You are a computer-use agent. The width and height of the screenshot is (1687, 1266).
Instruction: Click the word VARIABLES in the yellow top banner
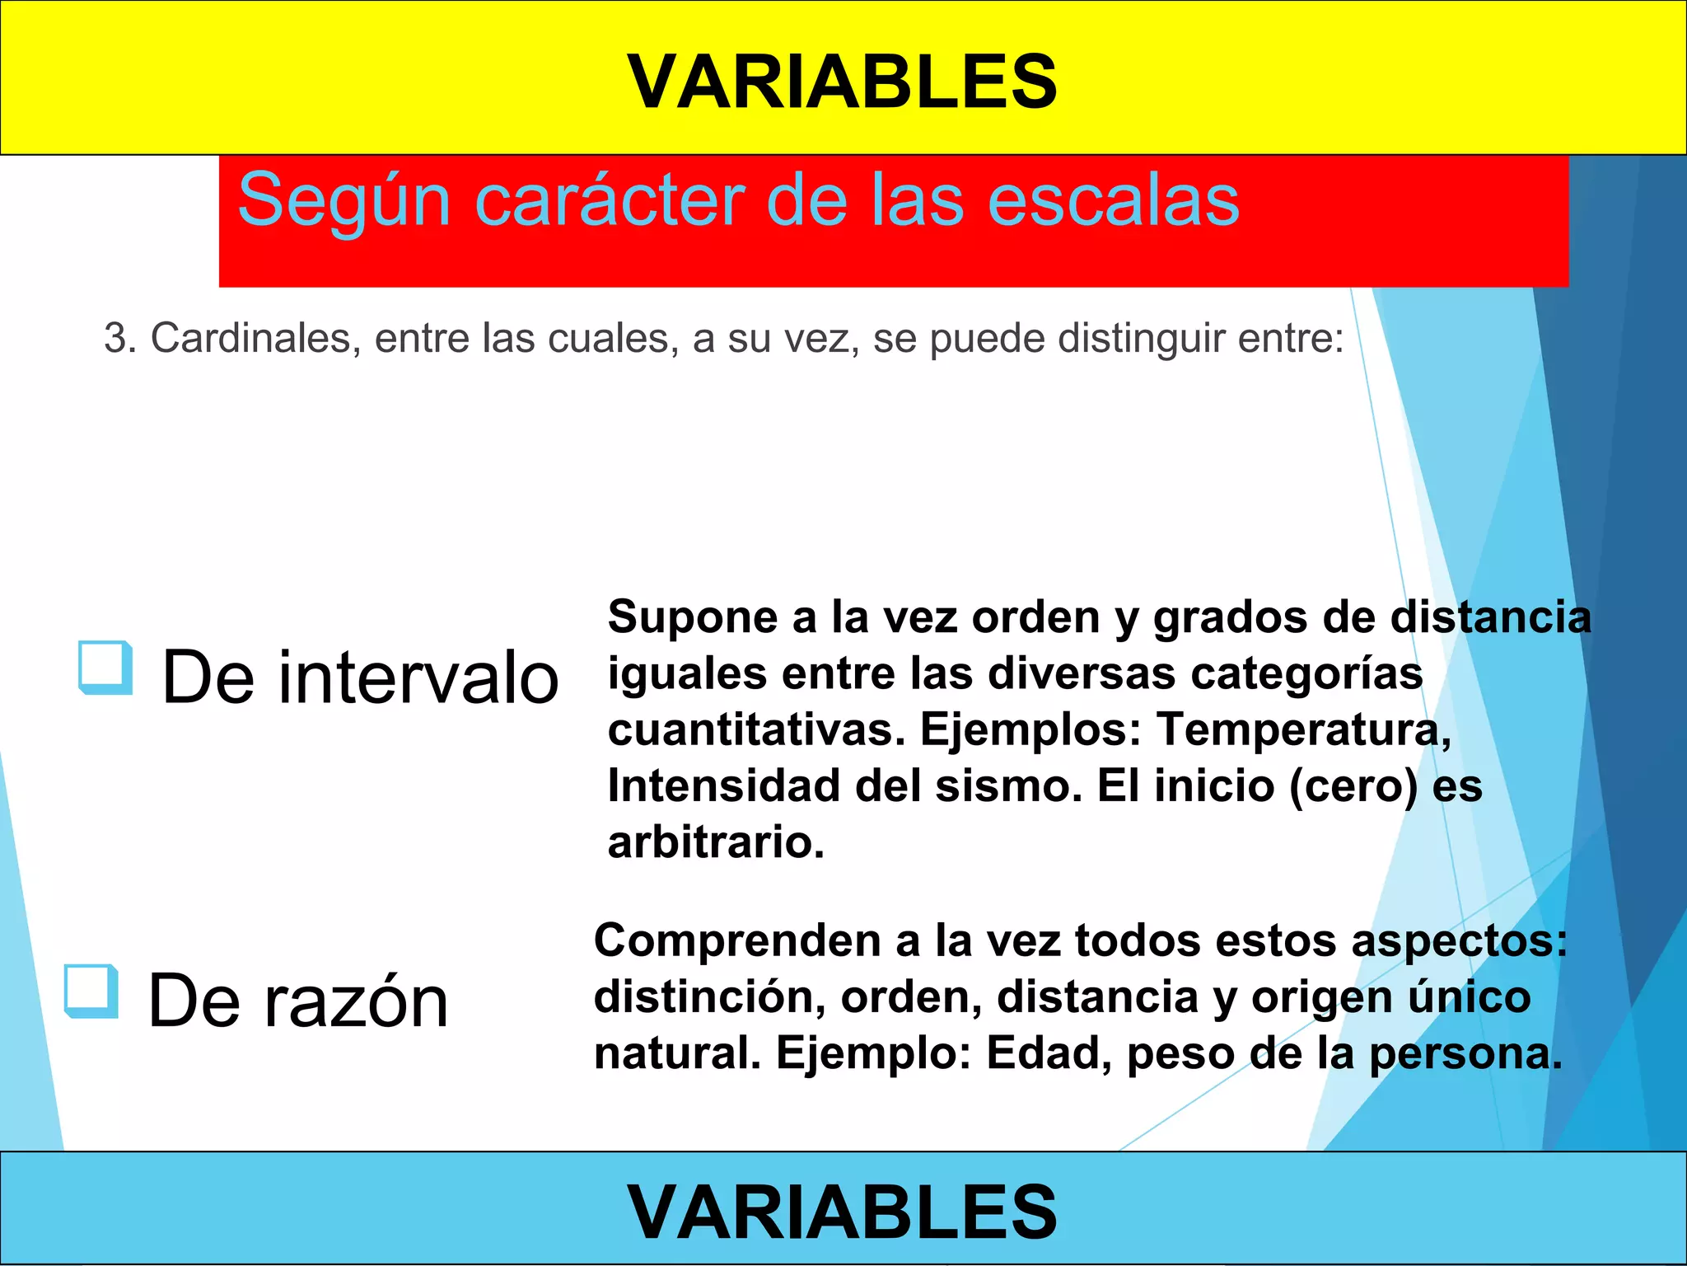[842, 82]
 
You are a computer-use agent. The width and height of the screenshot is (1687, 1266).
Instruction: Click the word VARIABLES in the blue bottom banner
[842, 1211]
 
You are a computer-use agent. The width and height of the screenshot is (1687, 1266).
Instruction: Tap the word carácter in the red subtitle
[609, 200]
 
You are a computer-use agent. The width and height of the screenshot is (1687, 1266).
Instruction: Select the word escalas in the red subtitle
[1112, 200]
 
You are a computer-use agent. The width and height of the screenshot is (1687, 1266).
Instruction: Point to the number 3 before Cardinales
[116, 339]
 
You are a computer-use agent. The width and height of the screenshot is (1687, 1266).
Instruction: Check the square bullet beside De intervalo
[105, 667]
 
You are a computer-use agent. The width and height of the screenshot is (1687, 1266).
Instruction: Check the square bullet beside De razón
[91, 991]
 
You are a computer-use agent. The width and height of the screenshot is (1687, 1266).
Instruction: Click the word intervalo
[418, 678]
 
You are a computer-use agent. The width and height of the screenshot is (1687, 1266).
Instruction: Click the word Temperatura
[1302, 730]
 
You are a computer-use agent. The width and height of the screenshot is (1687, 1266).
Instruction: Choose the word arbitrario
[715, 842]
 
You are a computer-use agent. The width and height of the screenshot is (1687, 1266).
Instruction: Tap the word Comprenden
[737, 941]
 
